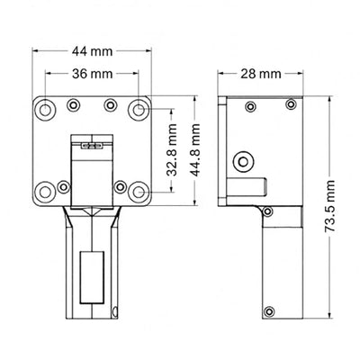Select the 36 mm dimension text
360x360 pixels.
click(x=92, y=73)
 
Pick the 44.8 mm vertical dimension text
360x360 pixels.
click(x=191, y=154)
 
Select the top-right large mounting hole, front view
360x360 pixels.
click(x=139, y=109)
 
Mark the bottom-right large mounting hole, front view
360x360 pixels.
click(x=139, y=191)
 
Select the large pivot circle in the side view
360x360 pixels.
click(x=241, y=161)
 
